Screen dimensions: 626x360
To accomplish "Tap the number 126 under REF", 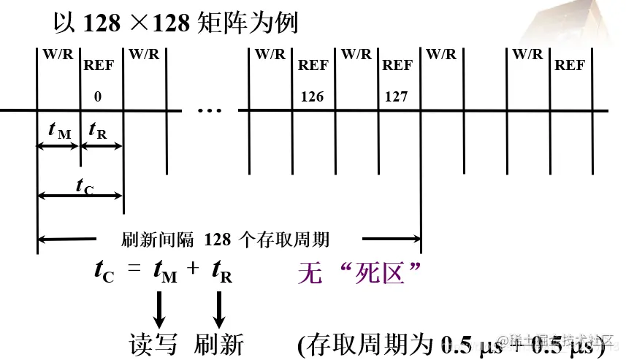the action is [x=312, y=96].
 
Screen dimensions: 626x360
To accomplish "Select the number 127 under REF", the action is [x=397, y=96].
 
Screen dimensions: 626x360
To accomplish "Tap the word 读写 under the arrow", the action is [x=153, y=343].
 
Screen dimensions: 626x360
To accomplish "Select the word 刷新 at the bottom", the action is [x=218, y=343].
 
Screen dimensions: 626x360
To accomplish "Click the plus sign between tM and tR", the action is [x=193, y=269].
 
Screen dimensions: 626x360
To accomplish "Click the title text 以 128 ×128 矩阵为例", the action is [x=176, y=23].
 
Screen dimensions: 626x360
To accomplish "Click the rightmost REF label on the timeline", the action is [x=570, y=65].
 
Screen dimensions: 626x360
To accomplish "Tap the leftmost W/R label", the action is [x=58, y=55].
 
